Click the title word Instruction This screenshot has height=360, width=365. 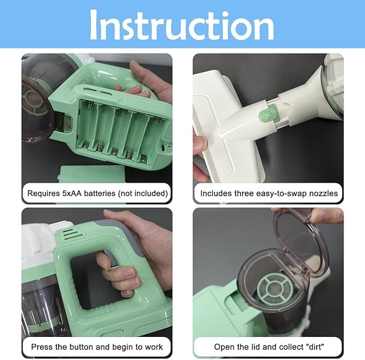point(182,25)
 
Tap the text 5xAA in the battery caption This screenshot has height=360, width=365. point(71,193)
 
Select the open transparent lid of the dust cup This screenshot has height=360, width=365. point(299,242)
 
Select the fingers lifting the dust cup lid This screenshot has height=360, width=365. point(326,215)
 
